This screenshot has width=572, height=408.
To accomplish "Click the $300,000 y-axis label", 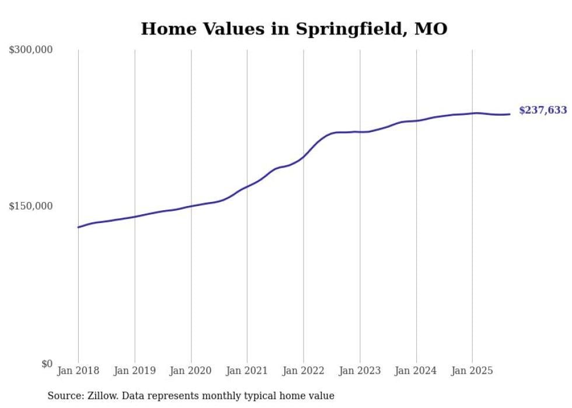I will pyautogui.click(x=30, y=50).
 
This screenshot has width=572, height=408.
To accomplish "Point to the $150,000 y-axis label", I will pyautogui.click(x=30, y=206).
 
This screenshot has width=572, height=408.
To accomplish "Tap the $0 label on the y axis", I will pyautogui.click(x=46, y=364).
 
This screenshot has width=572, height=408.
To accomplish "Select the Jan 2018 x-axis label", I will pyautogui.click(x=78, y=371).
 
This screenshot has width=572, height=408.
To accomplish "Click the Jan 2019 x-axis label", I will pyautogui.click(x=135, y=371).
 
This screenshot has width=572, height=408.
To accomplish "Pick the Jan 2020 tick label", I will pyautogui.click(x=191, y=371).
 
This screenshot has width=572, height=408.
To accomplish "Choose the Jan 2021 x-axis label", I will pyautogui.click(x=247, y=371).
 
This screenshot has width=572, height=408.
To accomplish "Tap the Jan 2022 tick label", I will pyautogui.click(x=304, y=371).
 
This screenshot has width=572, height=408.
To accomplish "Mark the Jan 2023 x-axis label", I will pyautogui.click(x=360, y=371).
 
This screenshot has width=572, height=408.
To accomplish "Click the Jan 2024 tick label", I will pyautogui.click(x=416, y=371).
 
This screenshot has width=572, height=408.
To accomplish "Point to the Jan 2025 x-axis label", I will pyautogui.click(x=472, y=371).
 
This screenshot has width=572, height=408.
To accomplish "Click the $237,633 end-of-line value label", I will pyautogui.click(x=542, y=110).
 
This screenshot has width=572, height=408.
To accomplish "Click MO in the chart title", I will pyautogui.click(x=431, y=29).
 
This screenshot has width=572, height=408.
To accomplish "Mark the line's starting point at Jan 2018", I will pyautogui.click(x=78, y=227).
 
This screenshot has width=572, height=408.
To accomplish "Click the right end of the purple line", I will pyautogui.click(x=510, y=114).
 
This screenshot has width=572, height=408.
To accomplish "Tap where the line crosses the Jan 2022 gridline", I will pyautogui.click(x=304, y=156).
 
